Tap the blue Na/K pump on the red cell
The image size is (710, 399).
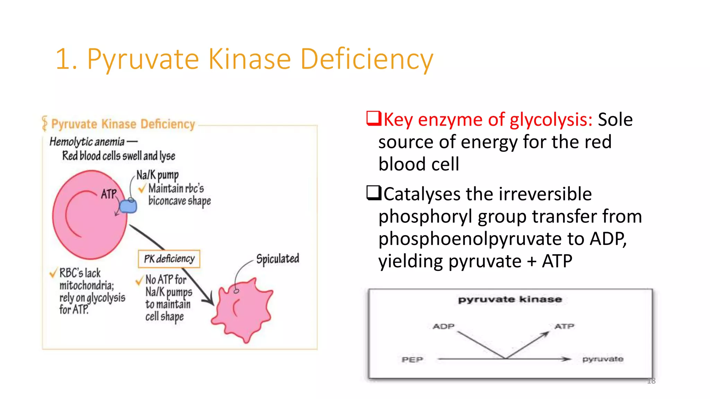click(x=128, y=206)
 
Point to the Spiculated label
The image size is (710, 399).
click(x=278, y=259)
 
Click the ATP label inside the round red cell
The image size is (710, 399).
click(x=109, y=194)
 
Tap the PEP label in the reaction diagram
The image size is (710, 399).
click(x=412, y=360)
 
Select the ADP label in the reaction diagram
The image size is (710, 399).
click(x=443, y=326)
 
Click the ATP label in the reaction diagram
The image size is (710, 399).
click(x=564, y=326)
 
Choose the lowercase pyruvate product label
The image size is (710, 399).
click(x=603, y=359)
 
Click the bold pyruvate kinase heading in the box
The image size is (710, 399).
click(x=510, y=299)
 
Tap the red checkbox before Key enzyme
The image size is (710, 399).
click(x=374, y=118)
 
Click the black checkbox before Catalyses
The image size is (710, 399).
click(x=374, y=193)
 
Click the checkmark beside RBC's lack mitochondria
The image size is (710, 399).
click(x=53, y=273)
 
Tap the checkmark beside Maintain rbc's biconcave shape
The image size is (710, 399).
click(x=142, y=189)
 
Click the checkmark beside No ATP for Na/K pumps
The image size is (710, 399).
click(x=139, y=280)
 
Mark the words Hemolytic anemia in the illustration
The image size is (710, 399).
click(x=87, y=142)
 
